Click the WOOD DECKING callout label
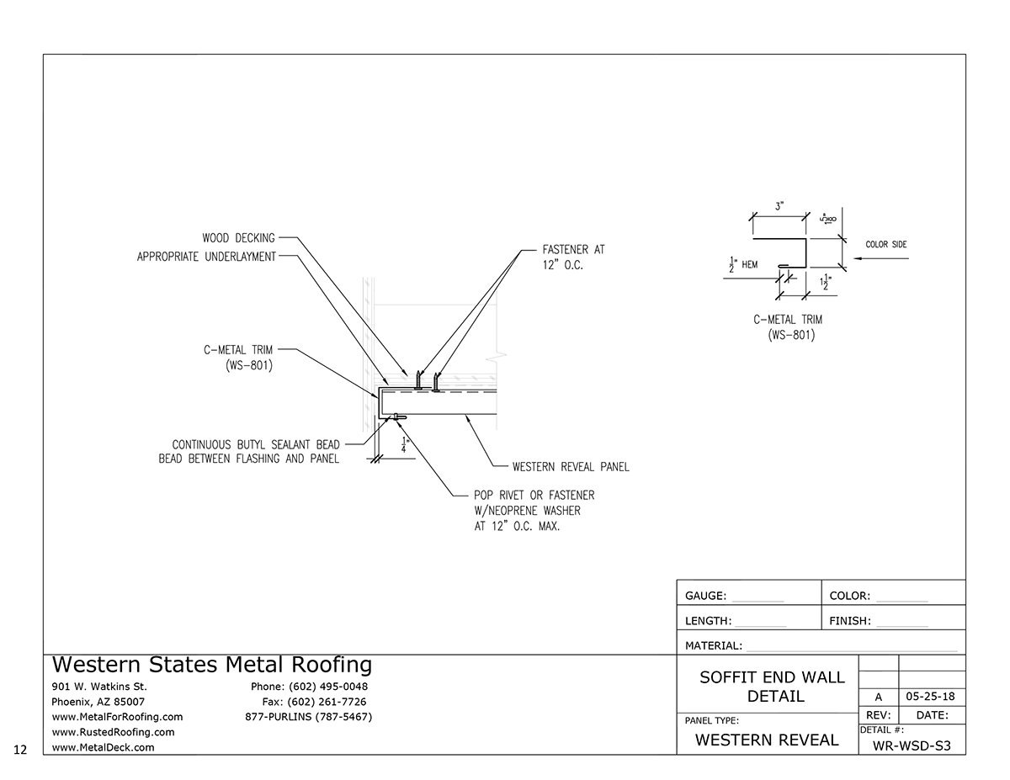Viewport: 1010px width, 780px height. (238, 238)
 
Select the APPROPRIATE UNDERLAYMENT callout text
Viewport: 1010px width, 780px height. (206, 257)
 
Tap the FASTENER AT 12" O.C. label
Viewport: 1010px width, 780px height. (574, 257)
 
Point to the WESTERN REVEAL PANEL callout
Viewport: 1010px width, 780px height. (571, 466)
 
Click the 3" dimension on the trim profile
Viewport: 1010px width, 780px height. (779, 205)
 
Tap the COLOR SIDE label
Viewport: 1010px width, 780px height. (886, 245)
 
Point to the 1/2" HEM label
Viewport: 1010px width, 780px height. (744, 264)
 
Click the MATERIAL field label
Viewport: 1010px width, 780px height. (714, 646)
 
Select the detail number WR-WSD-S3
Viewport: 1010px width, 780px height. (912, 746)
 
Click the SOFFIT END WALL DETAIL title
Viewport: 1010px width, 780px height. (773, 687)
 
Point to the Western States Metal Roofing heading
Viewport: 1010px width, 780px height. (212, 665)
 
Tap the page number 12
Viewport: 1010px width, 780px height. (21, 748)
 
